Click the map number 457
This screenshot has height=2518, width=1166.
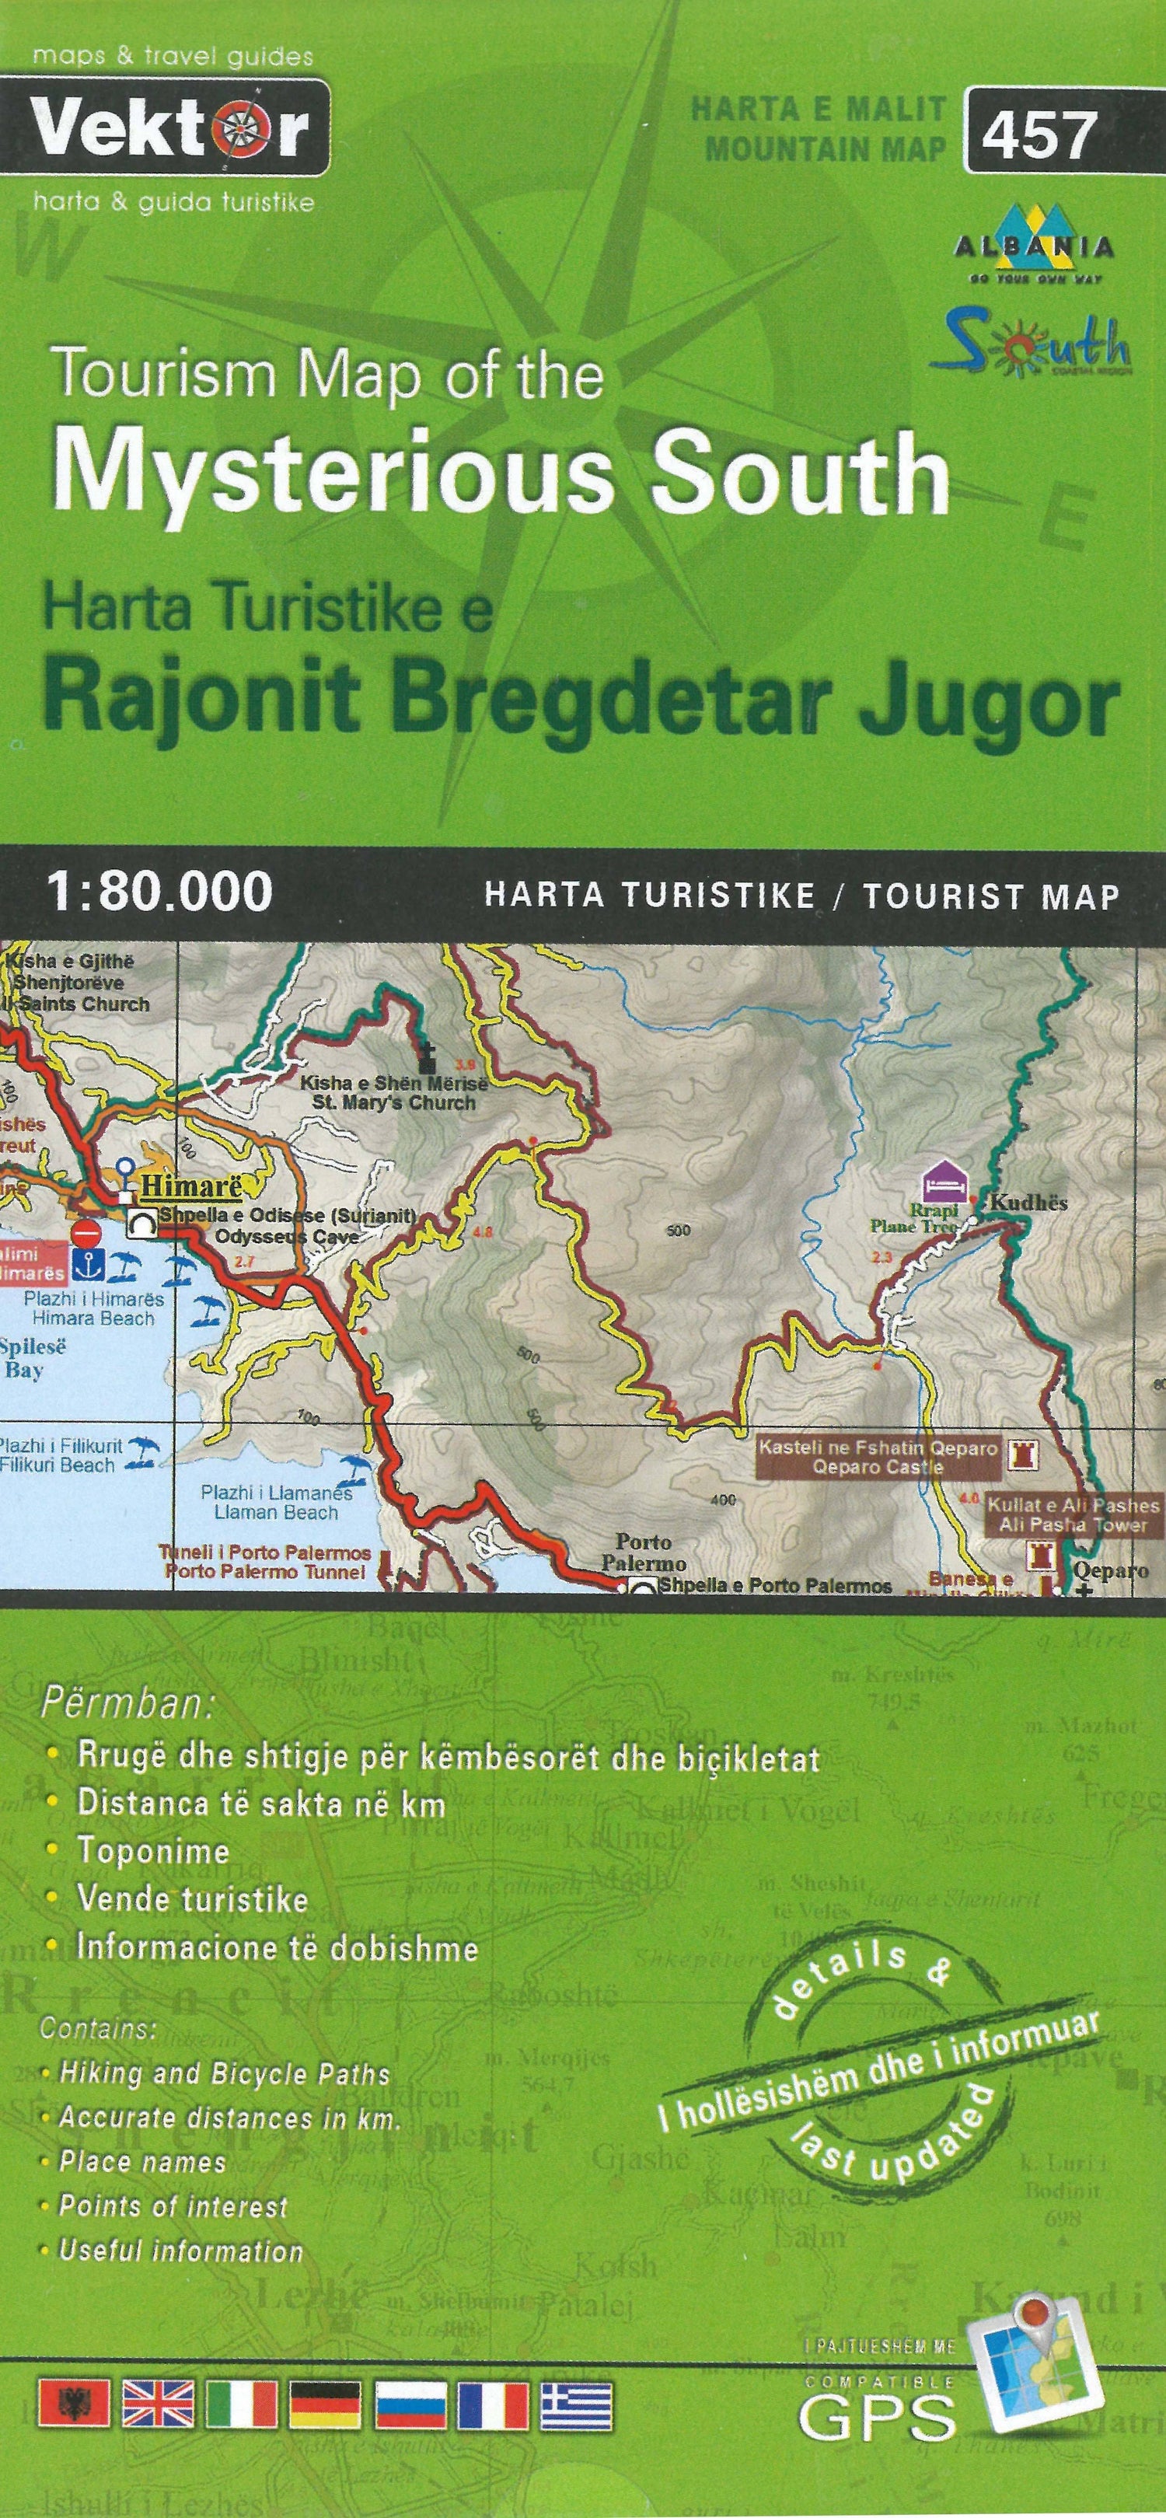[1040, 133]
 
